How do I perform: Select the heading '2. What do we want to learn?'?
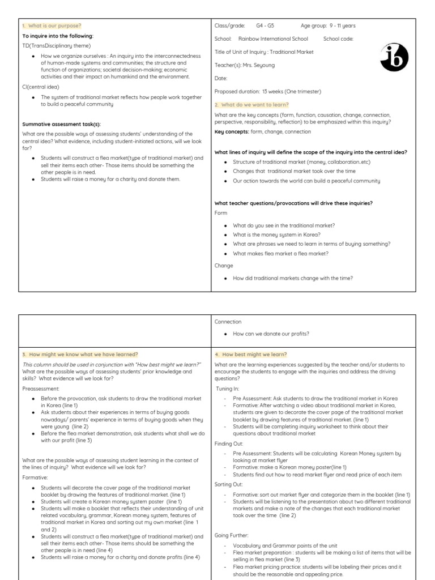click(x=251, y=105)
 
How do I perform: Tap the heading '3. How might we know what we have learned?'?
click(x=80, y=354)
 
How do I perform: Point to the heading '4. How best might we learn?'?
click(x=251, y=354)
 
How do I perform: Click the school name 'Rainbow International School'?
click(x=273, y=39)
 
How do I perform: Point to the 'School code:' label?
click(x=338, y=39)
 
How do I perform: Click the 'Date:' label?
click(x=221, y=78)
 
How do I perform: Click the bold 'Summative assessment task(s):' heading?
click(x=61, y=124)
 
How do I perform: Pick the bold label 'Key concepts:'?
click(x=232, y=131)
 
